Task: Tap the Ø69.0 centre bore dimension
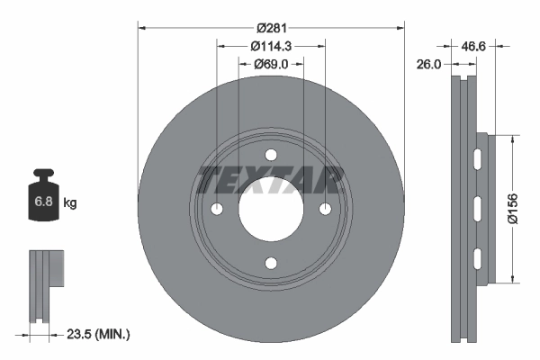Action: pos(271,64)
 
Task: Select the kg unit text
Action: pos(70,203)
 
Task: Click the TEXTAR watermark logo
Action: pos(271,180)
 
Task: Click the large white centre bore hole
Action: pos(271,209)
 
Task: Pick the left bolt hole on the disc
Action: pos(216,209)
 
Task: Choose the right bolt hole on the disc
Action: pos(326,209)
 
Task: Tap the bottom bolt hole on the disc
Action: pos(271,264)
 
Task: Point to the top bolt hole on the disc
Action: pos(271,155)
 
